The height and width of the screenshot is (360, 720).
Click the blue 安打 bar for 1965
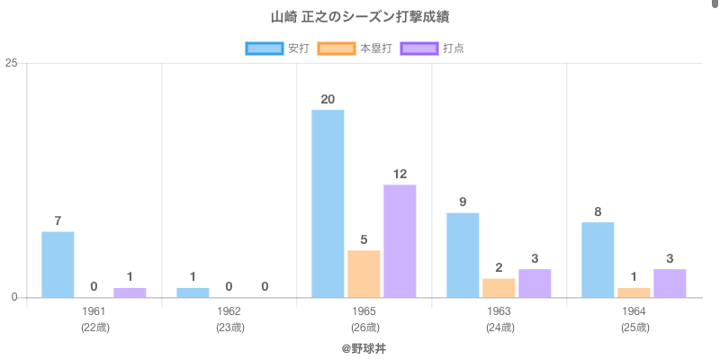(328, 203)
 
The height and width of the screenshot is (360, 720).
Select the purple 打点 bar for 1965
(400, 241)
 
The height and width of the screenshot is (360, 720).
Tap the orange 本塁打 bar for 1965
(364, 274)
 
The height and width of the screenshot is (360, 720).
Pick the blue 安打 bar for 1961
(58, 265)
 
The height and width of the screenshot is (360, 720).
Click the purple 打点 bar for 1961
(130, 292)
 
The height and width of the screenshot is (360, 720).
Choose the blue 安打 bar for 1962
(193, 292)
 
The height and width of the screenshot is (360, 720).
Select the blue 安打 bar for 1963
(463, 255)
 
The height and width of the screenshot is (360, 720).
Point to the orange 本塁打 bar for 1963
(499, 288)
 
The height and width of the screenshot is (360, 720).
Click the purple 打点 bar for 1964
(670, 283)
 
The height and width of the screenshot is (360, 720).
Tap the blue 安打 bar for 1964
(598, 260)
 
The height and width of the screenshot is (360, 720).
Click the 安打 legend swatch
(264, 48)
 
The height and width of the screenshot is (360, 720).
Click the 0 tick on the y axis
(14, 298)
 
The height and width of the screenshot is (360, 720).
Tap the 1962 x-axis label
(229, 311)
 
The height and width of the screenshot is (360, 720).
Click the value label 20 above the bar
(328, 99)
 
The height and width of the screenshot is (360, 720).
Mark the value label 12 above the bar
(400, 174)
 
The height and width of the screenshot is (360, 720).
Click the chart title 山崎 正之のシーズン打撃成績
(360, 17)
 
